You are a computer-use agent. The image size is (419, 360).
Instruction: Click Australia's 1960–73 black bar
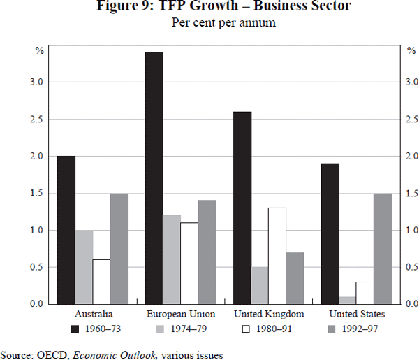[66, 230]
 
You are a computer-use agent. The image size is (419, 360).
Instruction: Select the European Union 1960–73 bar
[154, 178]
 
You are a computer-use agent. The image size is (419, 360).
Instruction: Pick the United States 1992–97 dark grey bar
[383, 249]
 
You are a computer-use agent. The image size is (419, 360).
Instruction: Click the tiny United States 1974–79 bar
[347, 301]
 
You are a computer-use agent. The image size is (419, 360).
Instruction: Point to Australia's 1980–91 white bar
[101, 282]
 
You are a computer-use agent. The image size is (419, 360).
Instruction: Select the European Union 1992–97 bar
[207, 252]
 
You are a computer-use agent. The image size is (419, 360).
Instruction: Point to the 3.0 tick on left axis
[37, 82]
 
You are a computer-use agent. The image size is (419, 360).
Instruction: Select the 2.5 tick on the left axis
[37, 120]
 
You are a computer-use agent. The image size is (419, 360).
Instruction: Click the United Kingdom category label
[269, 314]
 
